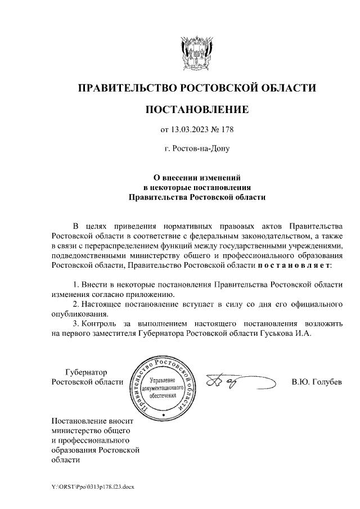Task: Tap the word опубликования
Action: point(78,314)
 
